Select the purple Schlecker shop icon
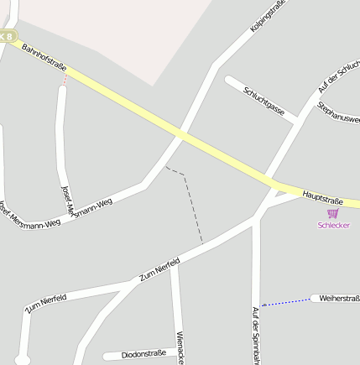(332, 213)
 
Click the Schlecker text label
(333, 225)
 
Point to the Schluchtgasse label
(263, 102)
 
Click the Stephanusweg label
(338, 113)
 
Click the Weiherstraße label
(339, 298)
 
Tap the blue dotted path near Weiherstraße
(286, 301)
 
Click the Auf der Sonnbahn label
(256, 336)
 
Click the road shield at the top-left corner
(7, 36)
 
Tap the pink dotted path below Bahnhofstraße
(65, 80)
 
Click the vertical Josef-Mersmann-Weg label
(67, 198)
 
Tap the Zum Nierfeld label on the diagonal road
(159, 269)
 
